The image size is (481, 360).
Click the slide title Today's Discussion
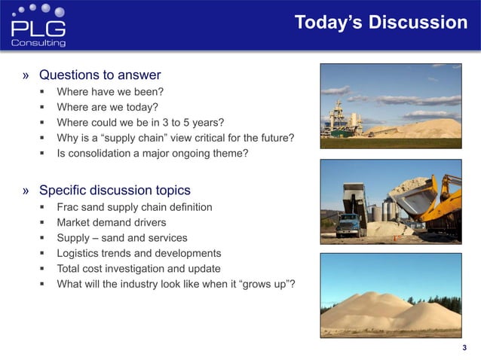[x=381, y=23]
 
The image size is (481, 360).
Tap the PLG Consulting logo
[x=38, y=26]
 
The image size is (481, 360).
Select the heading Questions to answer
[x=100, y=75]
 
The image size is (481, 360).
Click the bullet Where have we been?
[x=110, y=92]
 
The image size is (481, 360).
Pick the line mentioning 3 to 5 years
[x=140, y=123]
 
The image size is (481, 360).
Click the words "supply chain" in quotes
[x=136, y=139]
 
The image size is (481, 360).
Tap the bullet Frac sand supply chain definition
[x=134, y=206]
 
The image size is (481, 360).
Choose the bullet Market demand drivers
[x=112, y=222]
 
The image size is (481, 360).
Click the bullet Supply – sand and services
[x=122, y=238]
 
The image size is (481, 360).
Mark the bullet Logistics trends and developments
[x=139, y=253]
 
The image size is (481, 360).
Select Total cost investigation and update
[x=139, y=269]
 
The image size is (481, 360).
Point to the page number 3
[x=464, y=347]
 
